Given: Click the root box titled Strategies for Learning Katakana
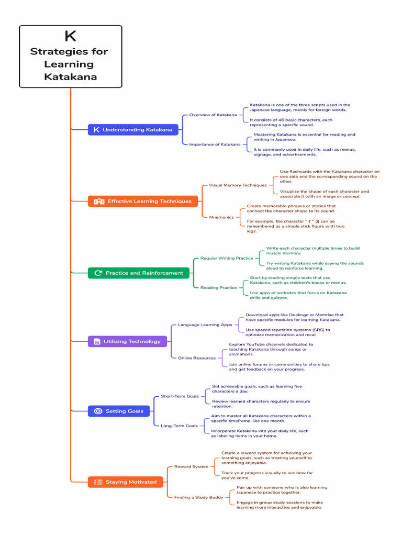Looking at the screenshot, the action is (71, 57).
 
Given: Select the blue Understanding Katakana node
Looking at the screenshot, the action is (133, 130).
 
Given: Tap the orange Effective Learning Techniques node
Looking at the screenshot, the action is (143, 202).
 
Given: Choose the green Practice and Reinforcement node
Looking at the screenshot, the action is (138, 273).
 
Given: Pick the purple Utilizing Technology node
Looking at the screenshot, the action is (128, 341).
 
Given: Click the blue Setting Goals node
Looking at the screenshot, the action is (119, 411).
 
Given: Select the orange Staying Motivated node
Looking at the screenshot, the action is (126, 482).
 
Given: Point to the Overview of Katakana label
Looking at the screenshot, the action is (213, 115).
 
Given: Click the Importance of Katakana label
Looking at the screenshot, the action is (215, 144).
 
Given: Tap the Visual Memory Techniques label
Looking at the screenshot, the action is (238, 185).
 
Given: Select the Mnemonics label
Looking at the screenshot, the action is (221, 217).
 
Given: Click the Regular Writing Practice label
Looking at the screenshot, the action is (227, 258).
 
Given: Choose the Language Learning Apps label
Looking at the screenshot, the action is (205, 325).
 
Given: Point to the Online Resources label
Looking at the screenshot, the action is (197, 358).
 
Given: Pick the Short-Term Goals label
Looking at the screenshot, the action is (180, 396).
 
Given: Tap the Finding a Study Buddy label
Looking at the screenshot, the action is (198, 497).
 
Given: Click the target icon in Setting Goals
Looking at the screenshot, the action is (98, 411).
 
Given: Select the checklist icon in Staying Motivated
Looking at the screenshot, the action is (98, 482).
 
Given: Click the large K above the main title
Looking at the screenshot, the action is (71, 36).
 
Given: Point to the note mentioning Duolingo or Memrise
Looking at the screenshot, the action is (294, 317).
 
